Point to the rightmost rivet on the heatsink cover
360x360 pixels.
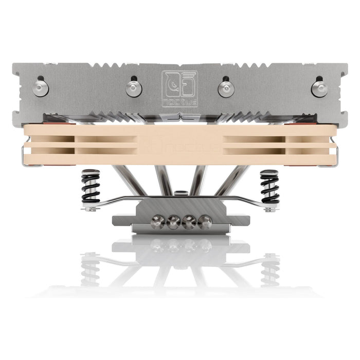click(x=319, y=88)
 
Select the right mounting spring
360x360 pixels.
click(x=269, y=188)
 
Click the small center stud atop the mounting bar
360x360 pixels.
click(x=179, y=193)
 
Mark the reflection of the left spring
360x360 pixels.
click(x=91, y=267)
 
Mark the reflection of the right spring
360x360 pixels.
click(x=269, y=267)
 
